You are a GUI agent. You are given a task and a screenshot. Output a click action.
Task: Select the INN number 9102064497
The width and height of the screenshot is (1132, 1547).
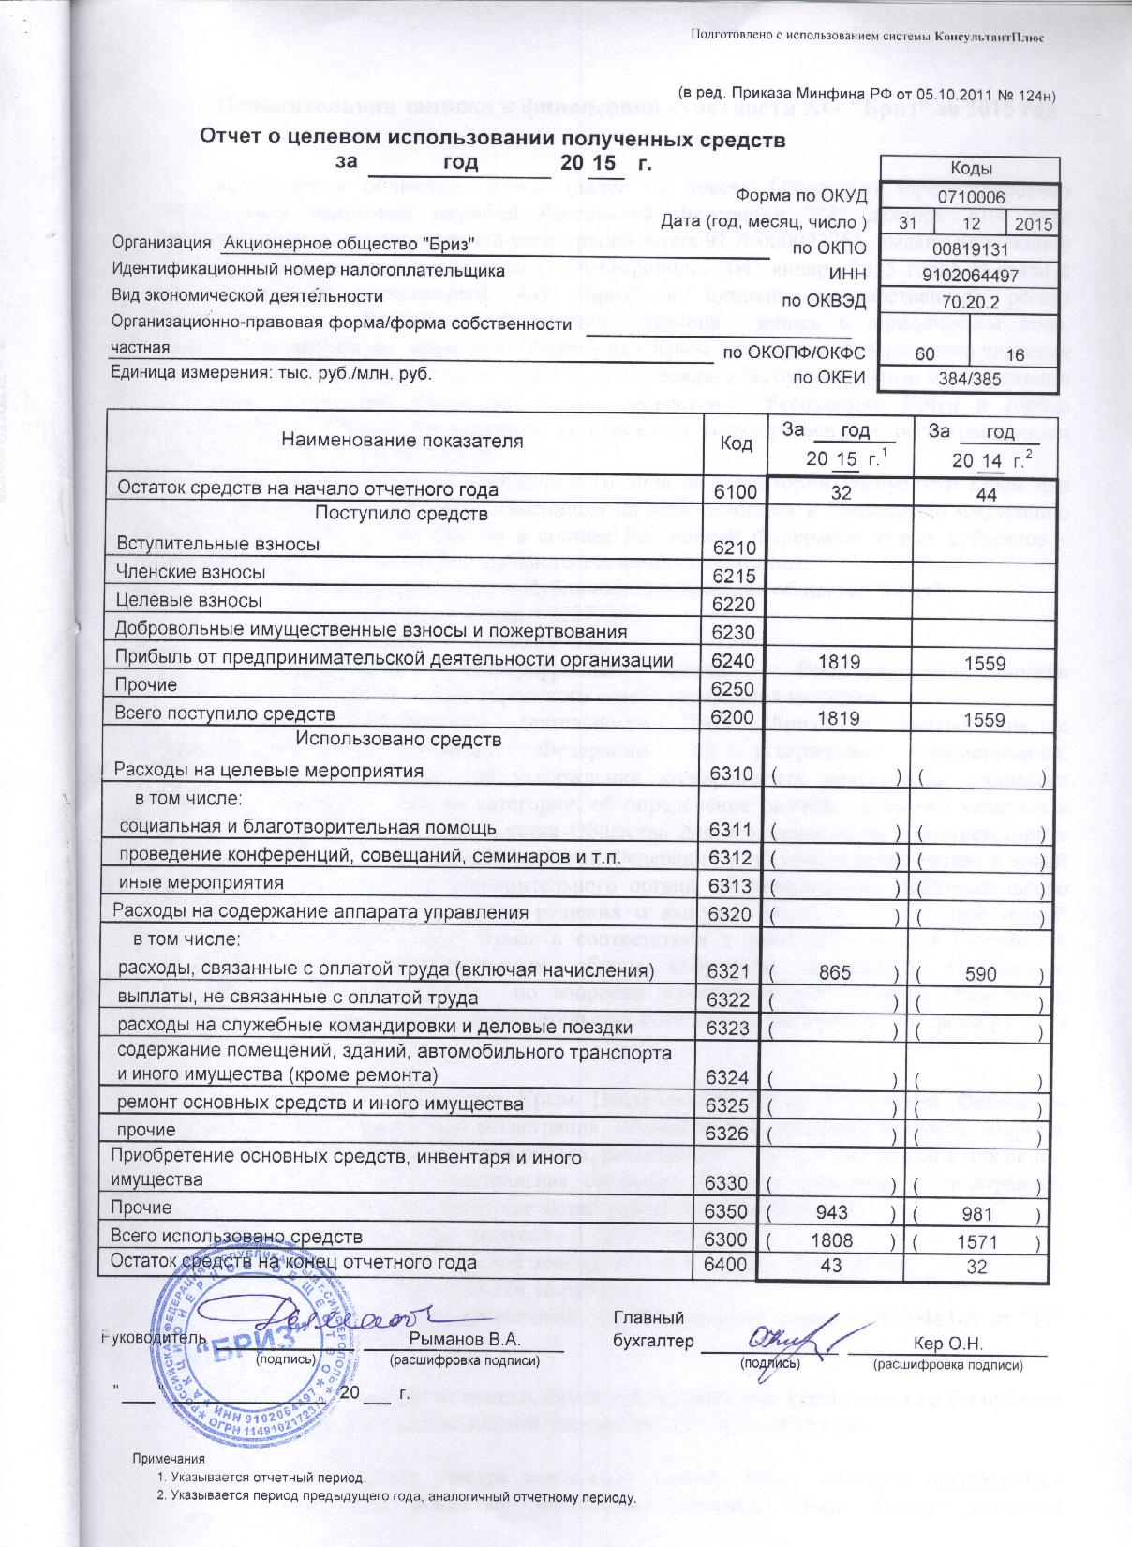pyautogui.click(x=975, y=277)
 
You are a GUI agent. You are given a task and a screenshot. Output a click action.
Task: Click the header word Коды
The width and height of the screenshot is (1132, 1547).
pyautogui.click(x=975, y=169)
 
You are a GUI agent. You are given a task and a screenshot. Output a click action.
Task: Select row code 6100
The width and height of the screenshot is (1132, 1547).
pyautogui.click(x=734, y=491)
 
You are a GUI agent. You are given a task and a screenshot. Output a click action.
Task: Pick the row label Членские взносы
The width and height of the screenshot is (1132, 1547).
pyautogui.click(x=189, y=572)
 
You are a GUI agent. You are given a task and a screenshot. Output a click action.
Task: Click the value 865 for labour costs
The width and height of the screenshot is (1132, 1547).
pyautogui.click(x=833, y=973)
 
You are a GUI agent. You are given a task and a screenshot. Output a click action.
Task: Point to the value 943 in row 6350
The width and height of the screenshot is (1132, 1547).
pyautogui.click(x=833, y=1210)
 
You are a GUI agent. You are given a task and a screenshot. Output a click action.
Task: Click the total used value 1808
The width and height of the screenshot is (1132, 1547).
pyautogui.click(x=833, y=1239)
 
